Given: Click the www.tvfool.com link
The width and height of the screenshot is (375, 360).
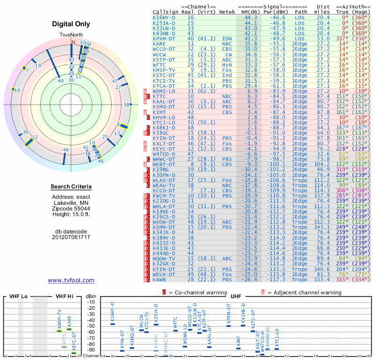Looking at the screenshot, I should click(x=71, y=280).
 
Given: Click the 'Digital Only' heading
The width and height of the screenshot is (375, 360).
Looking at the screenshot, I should click(x=71, y=24).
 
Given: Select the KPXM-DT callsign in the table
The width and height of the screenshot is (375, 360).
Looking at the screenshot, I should click(x=164, y=38).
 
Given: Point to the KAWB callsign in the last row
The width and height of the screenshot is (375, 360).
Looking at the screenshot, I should click(x=159, y=280).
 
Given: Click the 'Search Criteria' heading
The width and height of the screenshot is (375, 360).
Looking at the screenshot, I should click(x=71, y=187).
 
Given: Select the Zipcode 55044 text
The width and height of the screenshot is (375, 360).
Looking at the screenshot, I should click(x=71, y=208).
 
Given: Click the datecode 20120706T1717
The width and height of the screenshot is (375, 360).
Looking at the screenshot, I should click(x=71, y=237).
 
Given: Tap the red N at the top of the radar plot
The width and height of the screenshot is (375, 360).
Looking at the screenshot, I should click(x=73, y=42).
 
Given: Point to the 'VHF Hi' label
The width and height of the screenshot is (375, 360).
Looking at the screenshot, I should click(x=64, y=297).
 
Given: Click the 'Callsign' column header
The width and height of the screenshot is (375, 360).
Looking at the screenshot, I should click(x=164, y=12).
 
